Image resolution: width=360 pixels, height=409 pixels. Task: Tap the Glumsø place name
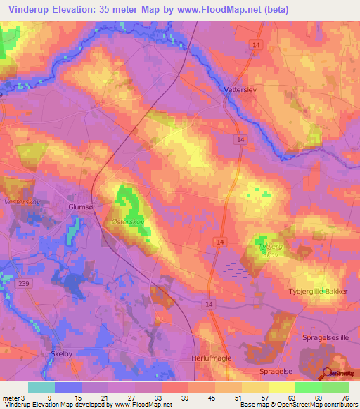(x=79, y=207)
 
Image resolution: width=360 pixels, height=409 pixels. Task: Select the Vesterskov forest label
(x=20, y=201)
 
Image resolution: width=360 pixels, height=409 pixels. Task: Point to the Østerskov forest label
(x=128, y=221)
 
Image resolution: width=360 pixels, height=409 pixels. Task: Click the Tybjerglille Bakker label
(x=319, y=291)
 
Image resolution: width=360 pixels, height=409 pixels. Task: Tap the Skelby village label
(x=62, y=354)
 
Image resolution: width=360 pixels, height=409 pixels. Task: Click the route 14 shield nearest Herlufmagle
(x=208, y=304)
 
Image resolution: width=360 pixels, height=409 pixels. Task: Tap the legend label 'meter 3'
(x=14, y=398)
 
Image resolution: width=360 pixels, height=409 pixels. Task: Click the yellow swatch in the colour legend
(x=282, y=387)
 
